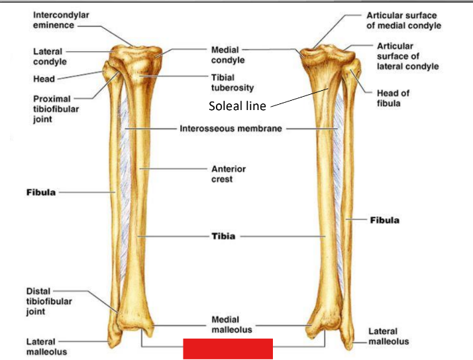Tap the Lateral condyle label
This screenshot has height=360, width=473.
50,56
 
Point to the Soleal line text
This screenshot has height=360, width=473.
237,105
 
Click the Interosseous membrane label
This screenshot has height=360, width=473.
231,129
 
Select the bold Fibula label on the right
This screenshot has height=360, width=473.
384,219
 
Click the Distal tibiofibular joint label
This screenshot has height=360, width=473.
49,302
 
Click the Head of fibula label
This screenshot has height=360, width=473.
393,99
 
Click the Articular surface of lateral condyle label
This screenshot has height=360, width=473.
407,56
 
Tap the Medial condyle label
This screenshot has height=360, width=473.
228,55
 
